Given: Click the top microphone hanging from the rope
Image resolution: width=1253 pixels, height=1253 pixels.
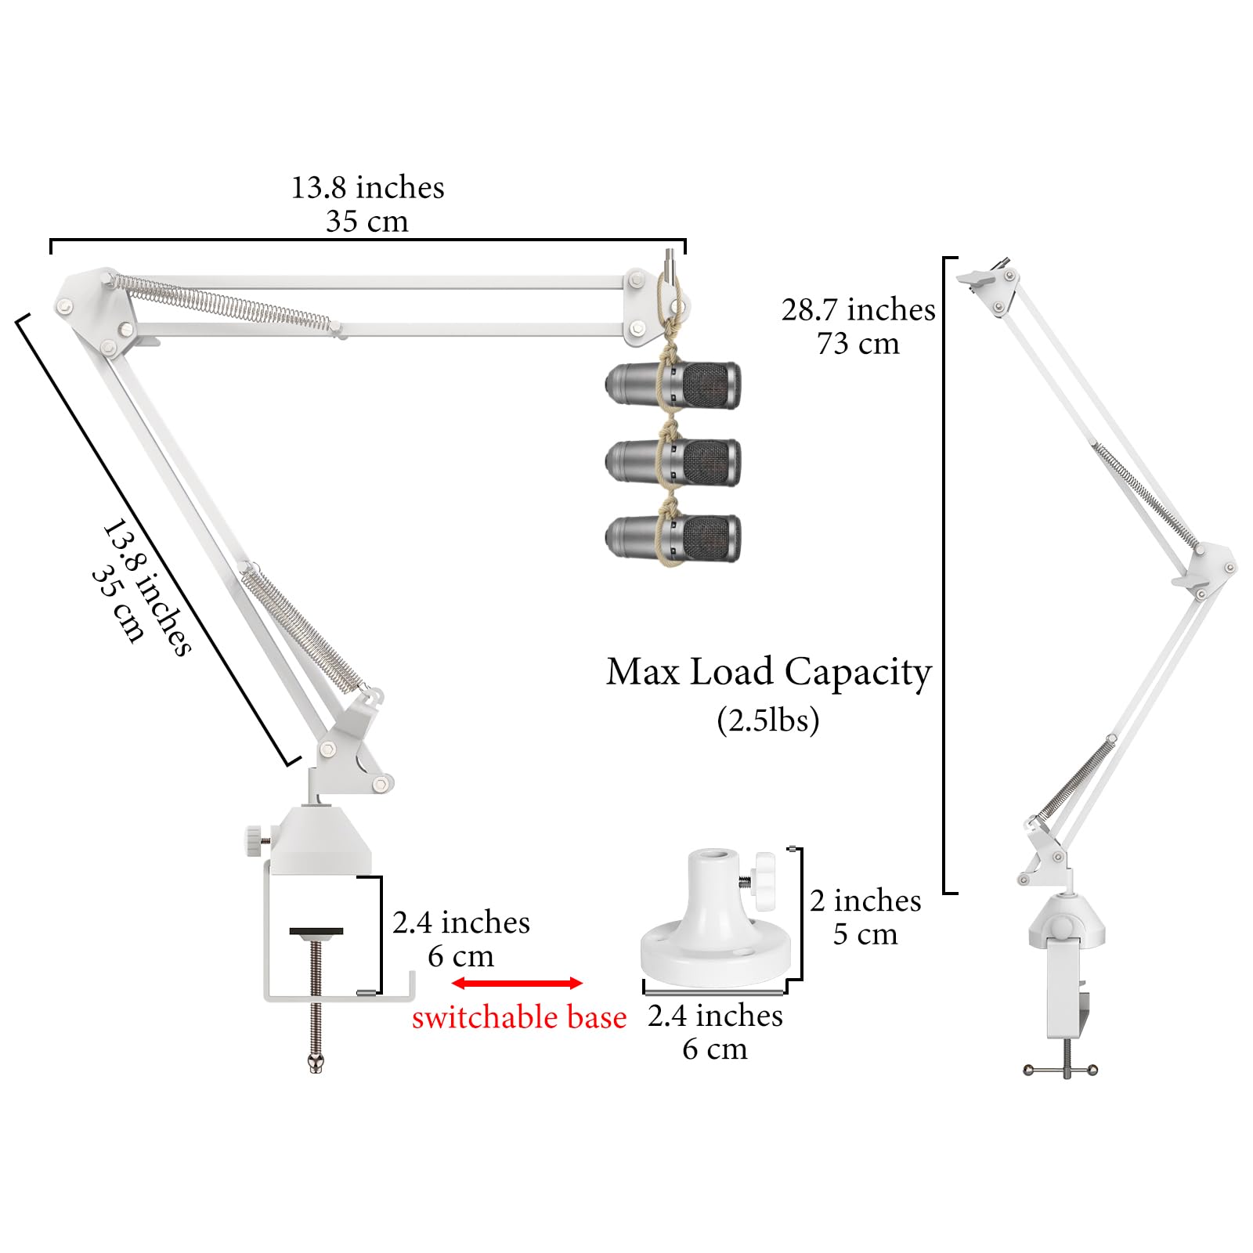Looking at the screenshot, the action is (x=673, y=385).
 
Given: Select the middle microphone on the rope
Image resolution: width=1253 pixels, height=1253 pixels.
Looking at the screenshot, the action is (x=673, y=462).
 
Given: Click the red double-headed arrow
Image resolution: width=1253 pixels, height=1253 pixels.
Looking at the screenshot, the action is (x=517, y=983).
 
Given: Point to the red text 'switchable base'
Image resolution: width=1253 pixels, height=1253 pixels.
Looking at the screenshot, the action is (x=519, y=1017).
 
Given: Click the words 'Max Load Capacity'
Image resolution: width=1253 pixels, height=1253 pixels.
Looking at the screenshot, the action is (x=769, y=672).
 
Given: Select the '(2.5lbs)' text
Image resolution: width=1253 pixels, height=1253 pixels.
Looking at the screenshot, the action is (x=768, y=720).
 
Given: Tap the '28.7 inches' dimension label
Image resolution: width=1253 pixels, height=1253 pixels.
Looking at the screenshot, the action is (x=858, y=309).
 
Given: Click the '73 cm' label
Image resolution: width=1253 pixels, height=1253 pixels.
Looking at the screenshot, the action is (x=858, y=344).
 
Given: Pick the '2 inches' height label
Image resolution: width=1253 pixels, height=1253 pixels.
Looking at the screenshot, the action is (x=865, y=901).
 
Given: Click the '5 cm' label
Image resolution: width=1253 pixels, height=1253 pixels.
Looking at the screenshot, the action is (x=865, y=934).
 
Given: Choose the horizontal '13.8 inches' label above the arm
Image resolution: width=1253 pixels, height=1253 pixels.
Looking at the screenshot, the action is (x=368, y=188).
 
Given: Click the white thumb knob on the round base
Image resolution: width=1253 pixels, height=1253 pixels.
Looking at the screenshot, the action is (x=760, y=882).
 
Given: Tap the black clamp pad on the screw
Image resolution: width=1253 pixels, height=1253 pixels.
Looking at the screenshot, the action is (x=316, y=932).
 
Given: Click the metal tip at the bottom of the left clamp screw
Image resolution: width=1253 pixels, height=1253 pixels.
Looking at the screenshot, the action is (x=316, y=1063).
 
